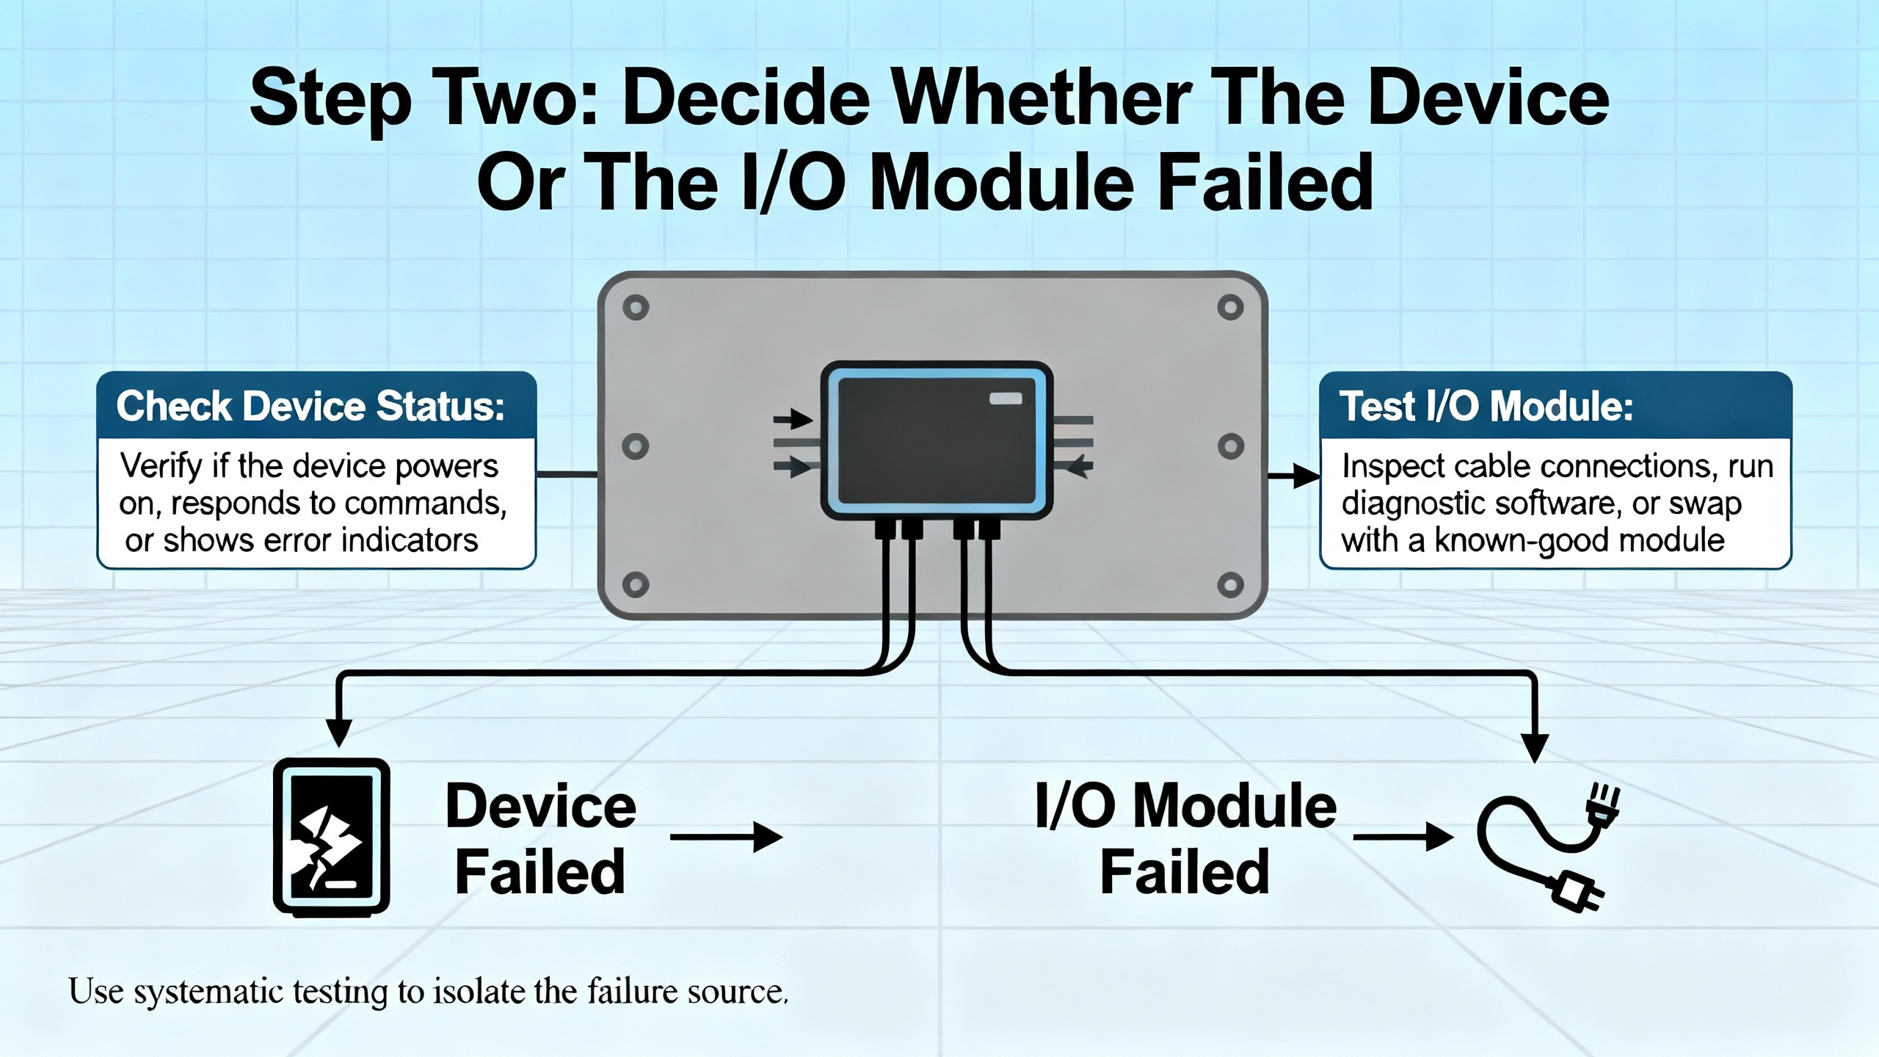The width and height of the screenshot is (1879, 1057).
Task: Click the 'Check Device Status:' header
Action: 310,407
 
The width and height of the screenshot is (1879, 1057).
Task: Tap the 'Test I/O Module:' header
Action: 1486,407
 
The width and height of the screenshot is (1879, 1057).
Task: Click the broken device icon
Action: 331,837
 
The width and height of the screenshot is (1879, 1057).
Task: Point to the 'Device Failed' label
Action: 540,838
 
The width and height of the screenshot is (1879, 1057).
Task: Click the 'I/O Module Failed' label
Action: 1185,838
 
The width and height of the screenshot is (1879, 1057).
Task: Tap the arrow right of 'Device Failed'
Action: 726,837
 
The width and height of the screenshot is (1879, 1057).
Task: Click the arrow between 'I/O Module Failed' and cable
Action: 1403,837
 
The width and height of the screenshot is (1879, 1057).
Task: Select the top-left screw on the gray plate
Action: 636,308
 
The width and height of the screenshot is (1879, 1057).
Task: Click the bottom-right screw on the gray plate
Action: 1230,585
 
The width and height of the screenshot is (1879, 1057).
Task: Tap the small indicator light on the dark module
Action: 1006,399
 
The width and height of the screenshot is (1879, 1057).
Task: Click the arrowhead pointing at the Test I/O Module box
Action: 1306,476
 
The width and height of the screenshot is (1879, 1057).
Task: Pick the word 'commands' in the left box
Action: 425,504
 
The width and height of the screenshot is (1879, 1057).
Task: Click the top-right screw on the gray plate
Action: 1230,308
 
